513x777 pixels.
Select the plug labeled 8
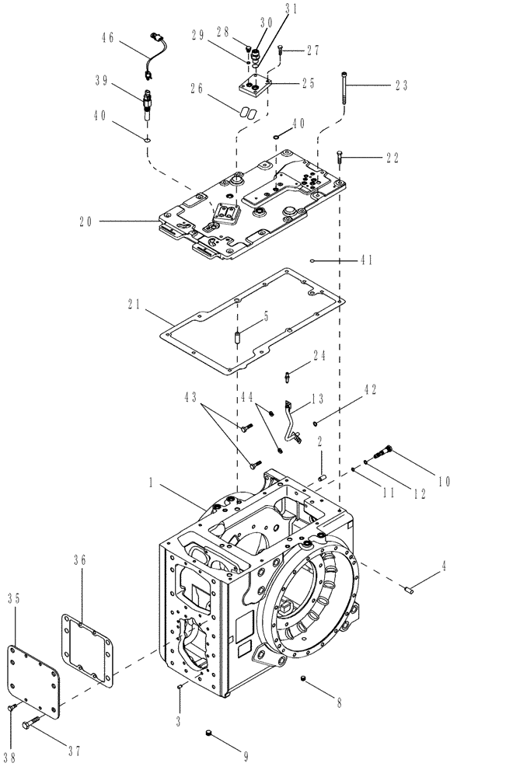(302, 681)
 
